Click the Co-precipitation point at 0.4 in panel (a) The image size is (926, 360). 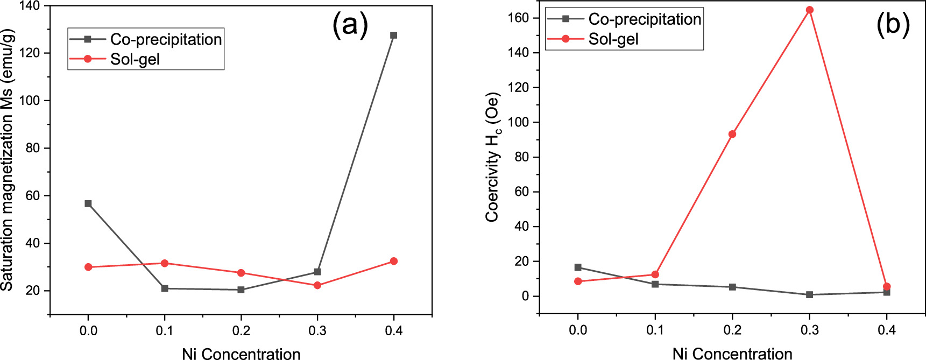click(393, 36)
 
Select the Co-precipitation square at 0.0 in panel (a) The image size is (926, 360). click(88, 203)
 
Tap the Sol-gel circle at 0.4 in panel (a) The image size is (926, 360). click(393, 261)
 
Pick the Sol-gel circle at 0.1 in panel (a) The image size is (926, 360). click(165, 263)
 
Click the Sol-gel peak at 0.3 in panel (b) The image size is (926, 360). click(809, 10)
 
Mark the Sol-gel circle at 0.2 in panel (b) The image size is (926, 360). click(732, 134)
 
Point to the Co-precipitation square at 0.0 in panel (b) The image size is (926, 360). click(578, 267)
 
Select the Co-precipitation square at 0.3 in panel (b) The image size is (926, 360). click(809, 295)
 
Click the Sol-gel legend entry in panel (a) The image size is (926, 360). click(135, 59)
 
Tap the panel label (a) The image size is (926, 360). click(350, 25)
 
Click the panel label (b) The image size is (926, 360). click(893, 25)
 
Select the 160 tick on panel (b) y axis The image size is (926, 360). click(519, 18)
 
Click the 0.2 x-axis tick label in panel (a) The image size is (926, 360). click(241, 330)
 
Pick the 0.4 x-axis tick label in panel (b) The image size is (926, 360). click(886, 330)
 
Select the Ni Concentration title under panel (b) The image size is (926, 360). click(732, 354)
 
